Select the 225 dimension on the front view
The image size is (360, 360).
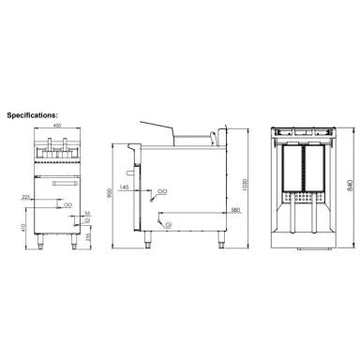click(25, 198)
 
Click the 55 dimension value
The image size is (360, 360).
click(88, 215)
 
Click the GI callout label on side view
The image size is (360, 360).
click(168, 226)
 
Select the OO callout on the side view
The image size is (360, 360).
click(162, 189)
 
